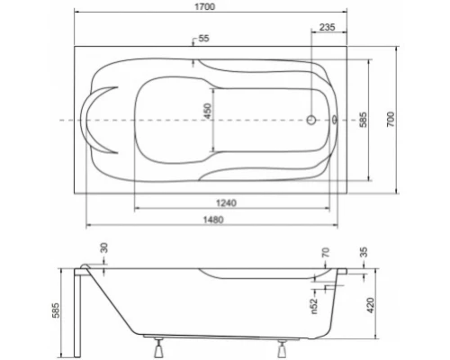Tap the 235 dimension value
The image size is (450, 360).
[328, 28]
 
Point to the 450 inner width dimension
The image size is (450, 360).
[207, 112]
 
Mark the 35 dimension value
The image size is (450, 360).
[364, 254]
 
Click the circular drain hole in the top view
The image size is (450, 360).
[312, 119]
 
